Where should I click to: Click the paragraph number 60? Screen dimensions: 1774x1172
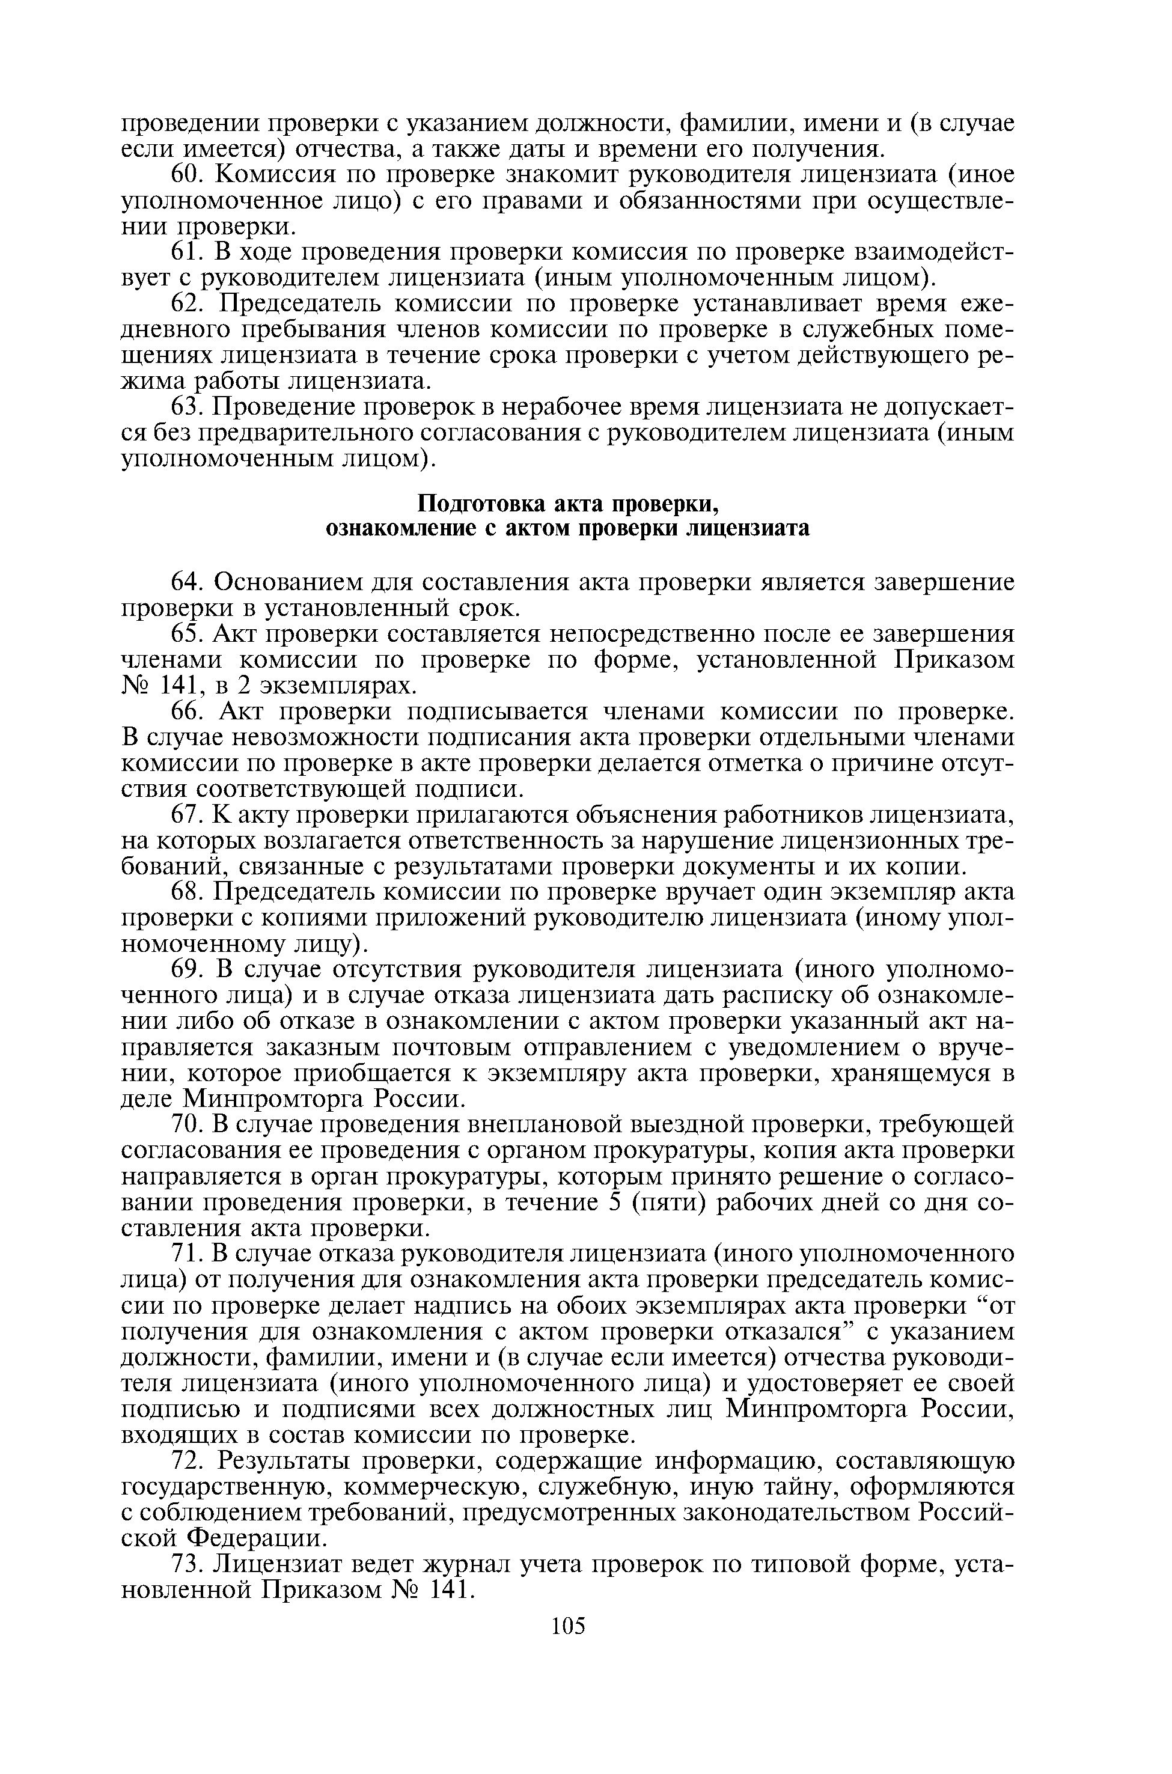(188, 175)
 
